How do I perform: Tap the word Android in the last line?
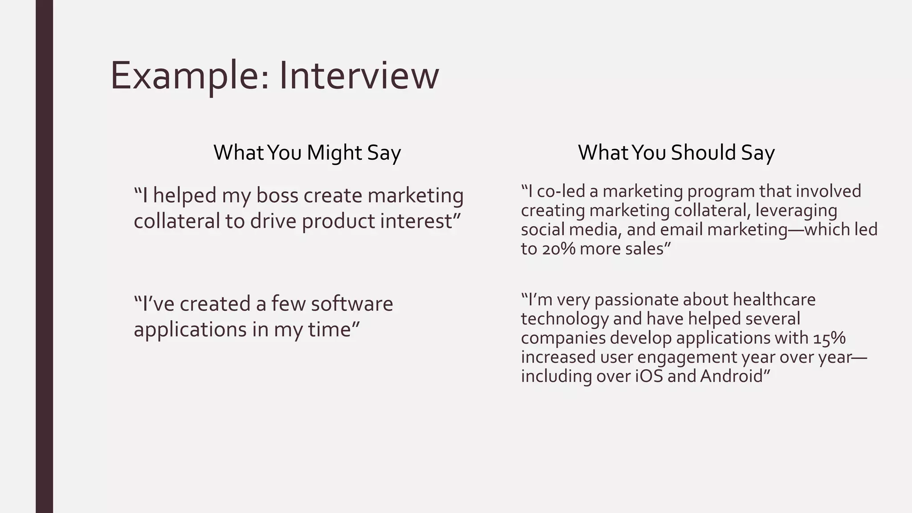[732, 376]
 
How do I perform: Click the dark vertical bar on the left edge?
[44, 256]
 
